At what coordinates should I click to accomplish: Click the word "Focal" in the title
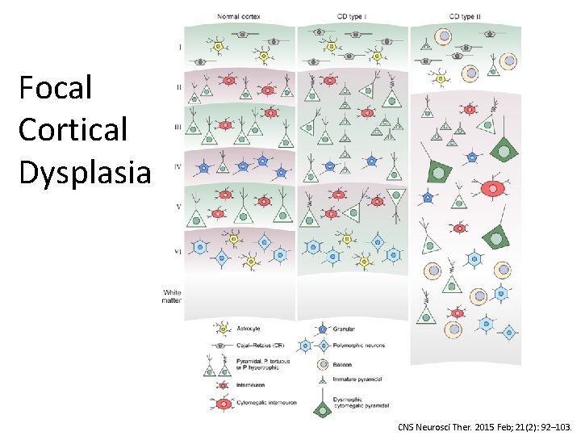coord(55,88)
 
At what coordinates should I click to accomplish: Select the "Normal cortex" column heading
coord(240,16)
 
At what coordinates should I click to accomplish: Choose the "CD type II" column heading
coord(466,16)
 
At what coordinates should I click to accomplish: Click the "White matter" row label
coord(173,296)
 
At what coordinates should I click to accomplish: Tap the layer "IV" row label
coord(178,168)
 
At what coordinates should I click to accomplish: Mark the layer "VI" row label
coord(178,252)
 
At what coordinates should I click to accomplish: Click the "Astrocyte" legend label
coord(249,329)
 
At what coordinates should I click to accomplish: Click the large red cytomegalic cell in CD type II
coord(491,190)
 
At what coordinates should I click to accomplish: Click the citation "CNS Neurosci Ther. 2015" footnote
coord(485,426)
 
